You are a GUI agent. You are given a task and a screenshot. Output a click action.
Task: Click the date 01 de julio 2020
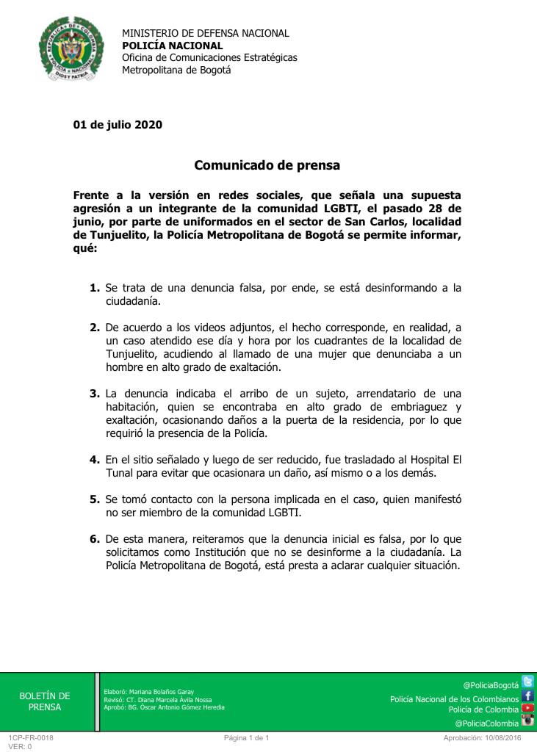point(118,124)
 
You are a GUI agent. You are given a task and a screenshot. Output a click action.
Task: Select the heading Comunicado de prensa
point(267,165)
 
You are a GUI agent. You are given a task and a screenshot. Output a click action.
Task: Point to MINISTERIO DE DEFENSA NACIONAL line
point(205,33)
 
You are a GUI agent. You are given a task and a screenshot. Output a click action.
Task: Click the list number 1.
point(94,288)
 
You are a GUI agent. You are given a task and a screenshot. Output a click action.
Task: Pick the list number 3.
point(94,394)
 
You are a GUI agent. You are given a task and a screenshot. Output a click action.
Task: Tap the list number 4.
point(94,460)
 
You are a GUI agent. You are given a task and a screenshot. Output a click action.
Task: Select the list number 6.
point(94,539)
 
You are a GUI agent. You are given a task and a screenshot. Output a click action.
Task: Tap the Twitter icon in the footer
point(527,682)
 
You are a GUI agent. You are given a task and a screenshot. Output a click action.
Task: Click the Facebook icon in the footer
point(527,696)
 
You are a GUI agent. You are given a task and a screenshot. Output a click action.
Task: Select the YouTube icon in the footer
point(527,709)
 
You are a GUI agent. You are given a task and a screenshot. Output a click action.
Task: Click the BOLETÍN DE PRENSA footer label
point(45,701)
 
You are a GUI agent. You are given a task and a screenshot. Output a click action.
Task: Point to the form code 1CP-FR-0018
point(31,737)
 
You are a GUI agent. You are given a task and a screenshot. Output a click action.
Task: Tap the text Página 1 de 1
point(248,737)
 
